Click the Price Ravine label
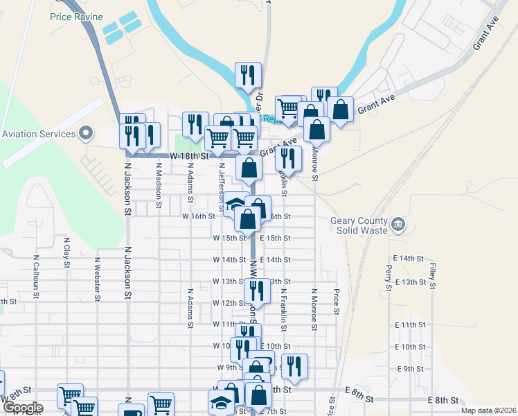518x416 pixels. [x=76, y=16]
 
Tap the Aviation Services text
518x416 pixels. [x=39, y=134]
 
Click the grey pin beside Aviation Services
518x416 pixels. [x=86, y=132]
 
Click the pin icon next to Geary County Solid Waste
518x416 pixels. [x=398, y=224]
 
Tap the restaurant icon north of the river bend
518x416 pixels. [x=248, y=75]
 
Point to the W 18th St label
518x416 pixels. [x=190, y=157]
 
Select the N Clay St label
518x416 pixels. [x=66, y=250]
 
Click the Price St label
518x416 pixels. [x=337, y=301]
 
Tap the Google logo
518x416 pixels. [x=23, y=408]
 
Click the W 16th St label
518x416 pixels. [x=199, y=216]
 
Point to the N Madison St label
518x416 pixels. [x=159, y=180]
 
